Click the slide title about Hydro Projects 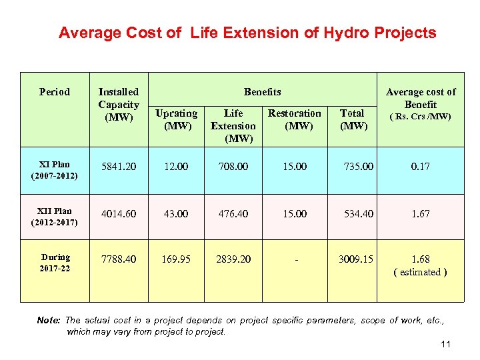coord(247,33)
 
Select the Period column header coord(55,92)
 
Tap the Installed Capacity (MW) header coord(119,105)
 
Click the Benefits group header coord(262,92)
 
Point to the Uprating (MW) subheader coord(176,119)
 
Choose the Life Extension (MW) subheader coord(233,126)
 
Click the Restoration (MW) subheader coord(294,119)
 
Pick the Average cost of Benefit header coord(421,99)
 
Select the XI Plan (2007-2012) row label coord(55,170)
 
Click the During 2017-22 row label coord(55,263)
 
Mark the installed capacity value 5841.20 coord(119,167)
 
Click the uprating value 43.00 coord(176,213)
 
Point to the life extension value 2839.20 coord(233,259)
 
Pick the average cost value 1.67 coord(421,213)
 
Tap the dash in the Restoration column coord(294,259)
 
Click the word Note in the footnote coord(49,321)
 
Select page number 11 coord(446,344)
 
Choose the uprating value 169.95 coord(176,259)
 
